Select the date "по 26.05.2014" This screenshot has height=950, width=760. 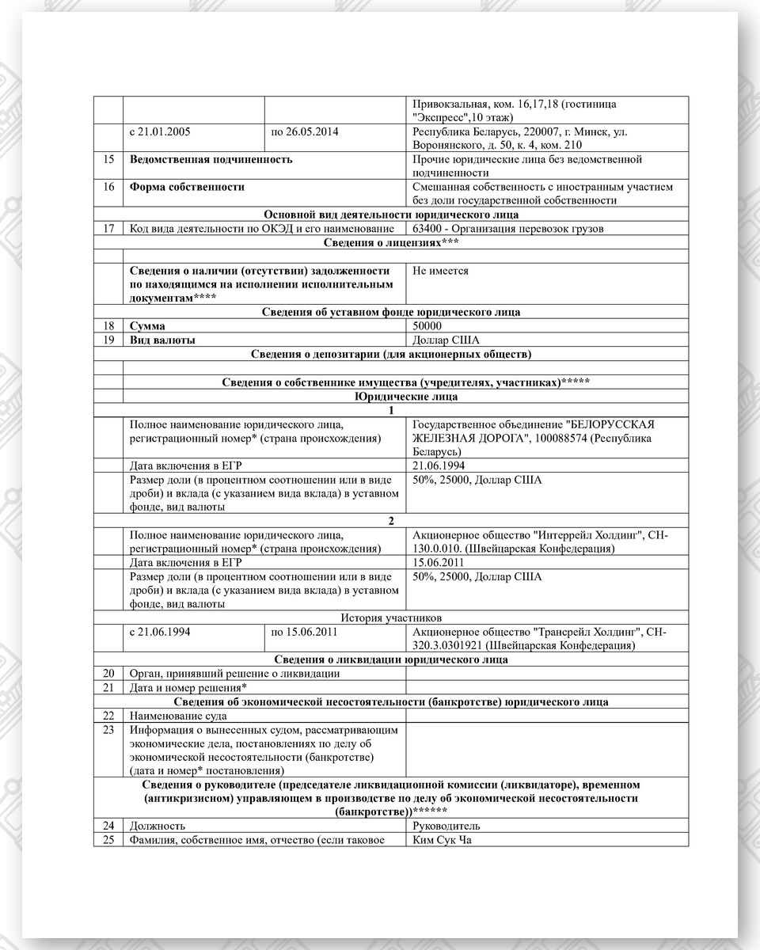point(305,131)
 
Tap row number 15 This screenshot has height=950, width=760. point(108,159)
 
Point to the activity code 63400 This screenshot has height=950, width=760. point(428,229)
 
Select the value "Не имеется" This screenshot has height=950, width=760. point(440,271)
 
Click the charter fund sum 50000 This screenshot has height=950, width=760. point(427,326)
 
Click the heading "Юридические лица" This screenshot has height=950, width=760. point(405,397)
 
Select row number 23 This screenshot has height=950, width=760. point(108,729)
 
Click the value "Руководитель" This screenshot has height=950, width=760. point(446,826)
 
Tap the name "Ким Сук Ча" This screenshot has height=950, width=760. point(442,839)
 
